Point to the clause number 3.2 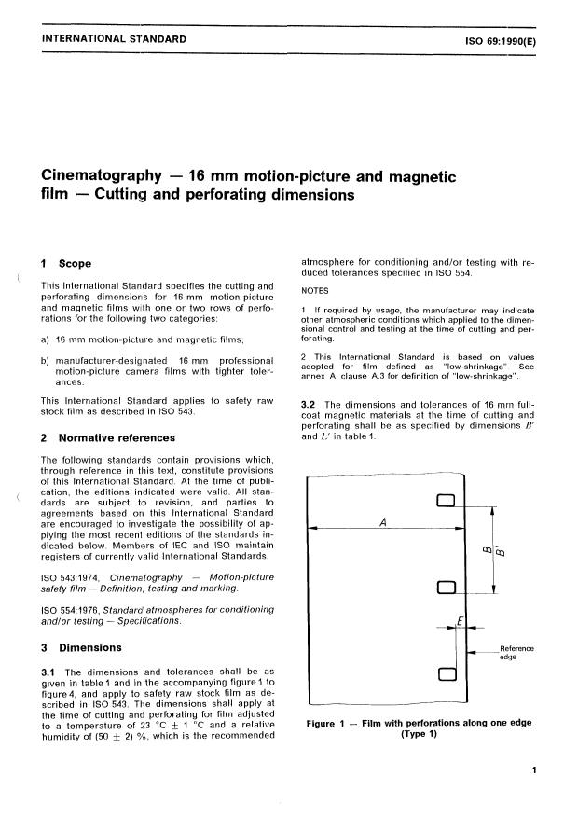click(311, 403)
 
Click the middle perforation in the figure click(445, 588)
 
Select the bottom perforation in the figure click(445, 673)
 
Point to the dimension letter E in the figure click(460, 617)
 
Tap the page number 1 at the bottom click(532, 770)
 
